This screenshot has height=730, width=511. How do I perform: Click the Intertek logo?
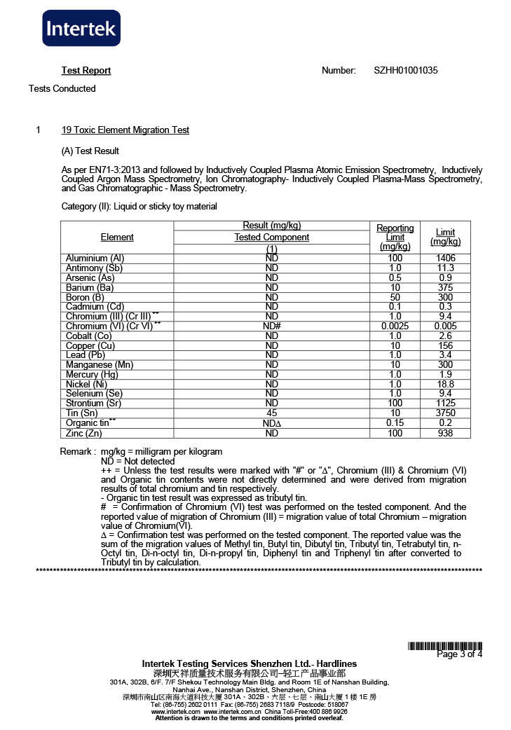tap(81, 28)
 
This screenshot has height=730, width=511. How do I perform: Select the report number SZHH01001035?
tap(406, 71)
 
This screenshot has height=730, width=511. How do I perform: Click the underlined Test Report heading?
tap(86, 71)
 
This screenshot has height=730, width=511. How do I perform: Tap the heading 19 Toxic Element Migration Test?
tap(125, 130)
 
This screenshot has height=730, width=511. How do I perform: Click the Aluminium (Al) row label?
tap(95, 259)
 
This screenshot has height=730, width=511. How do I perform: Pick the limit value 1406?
tap(445, 259)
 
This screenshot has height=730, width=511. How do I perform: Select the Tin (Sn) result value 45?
tap(272, 413)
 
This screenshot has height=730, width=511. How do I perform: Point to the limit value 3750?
tap(445, 413)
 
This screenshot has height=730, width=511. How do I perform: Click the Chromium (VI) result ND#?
tap(272, 326)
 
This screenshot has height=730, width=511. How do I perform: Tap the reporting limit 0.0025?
tap(395, 326)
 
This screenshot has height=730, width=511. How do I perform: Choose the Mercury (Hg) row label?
tap(92, 375)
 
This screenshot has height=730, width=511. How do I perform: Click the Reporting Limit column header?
tap(395, 237)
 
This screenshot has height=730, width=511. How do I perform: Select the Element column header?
tap(117, 237)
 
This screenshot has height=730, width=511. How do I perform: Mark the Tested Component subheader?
tap(272, 237)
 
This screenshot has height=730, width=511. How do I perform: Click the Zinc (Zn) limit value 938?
tap(445, 434)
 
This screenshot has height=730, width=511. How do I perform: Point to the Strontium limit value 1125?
tap(445, 404)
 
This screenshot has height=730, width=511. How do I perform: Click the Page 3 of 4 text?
tap(459, 654)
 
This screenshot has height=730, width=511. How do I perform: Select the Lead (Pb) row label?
tap(86, 355)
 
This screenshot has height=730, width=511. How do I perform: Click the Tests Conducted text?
tap(62, 89)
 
